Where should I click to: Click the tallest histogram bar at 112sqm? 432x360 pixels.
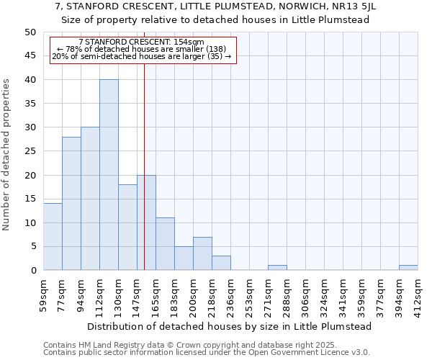pos(109,175)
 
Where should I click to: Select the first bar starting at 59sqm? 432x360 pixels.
pos(53,237)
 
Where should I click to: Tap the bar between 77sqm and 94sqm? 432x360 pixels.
pos(71,204)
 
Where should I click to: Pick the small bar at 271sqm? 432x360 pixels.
pos(277,268)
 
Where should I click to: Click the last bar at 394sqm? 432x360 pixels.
pos(408,268)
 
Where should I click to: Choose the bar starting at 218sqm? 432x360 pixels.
pos(221,263)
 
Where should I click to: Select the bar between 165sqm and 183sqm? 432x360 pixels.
pos(165,244)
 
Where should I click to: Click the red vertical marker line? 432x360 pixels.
pos(144,180)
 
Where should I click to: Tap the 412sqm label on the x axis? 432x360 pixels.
pos(418,294)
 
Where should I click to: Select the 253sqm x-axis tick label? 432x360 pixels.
pos(249,294)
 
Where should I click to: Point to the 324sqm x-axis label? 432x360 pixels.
pos(324,294)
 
